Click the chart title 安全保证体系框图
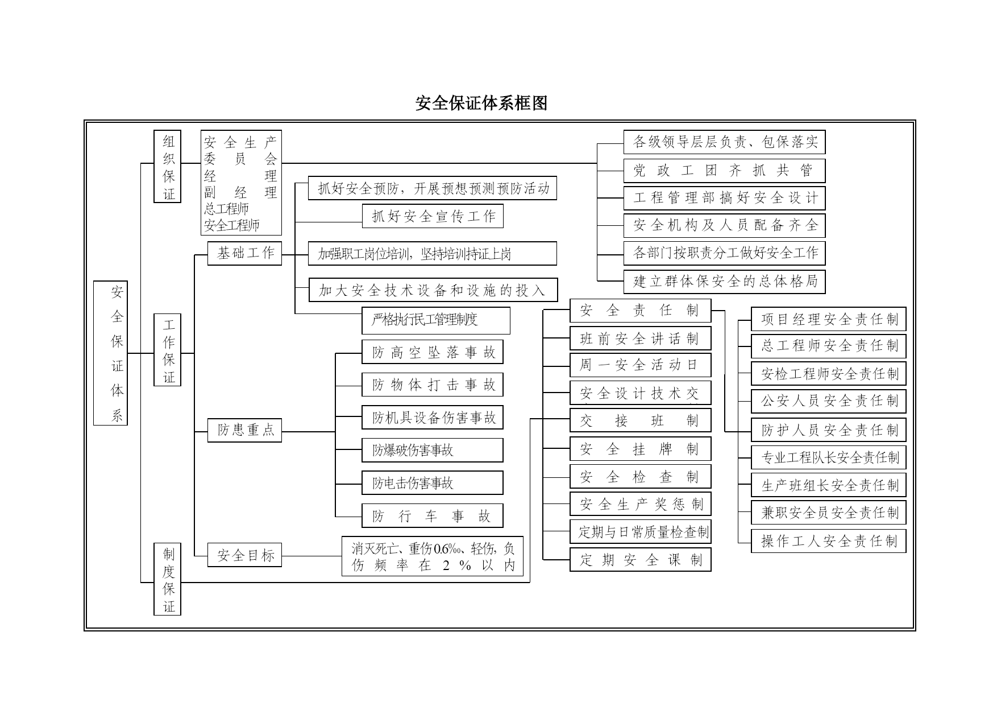tap(481, 103)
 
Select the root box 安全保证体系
tap(110, 353)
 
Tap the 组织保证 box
tap(168, 166)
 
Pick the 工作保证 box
tap(168, 350)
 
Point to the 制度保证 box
tap(168, 579)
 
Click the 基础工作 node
tap(244, 253)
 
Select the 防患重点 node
tap(244, 430)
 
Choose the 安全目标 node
tap(244, 555)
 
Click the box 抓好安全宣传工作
tap(433, 216)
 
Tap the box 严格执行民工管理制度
tap(436, 320)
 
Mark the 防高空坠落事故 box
tap(433, 352)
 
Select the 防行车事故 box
tap(433, 515)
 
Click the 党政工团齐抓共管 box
tap(724, 171)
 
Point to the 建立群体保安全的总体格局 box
tap(724, 281)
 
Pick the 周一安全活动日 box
tap(641, 365)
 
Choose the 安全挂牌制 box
tap(641, 449)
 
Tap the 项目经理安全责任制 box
tap(829, 319)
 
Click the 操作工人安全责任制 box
tap(829, 541)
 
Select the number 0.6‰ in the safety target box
tap(446, 549)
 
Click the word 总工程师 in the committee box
tap(226, 209)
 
